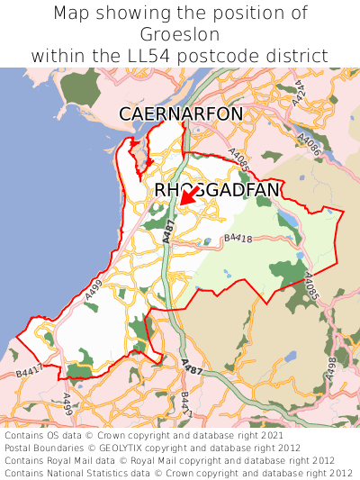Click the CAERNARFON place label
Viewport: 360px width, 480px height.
coord(181,113)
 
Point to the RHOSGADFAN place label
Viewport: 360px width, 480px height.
coord(217,190)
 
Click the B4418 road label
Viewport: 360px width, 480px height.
coord(238,238)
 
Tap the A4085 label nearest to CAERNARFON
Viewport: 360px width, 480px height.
coord(238,159)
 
